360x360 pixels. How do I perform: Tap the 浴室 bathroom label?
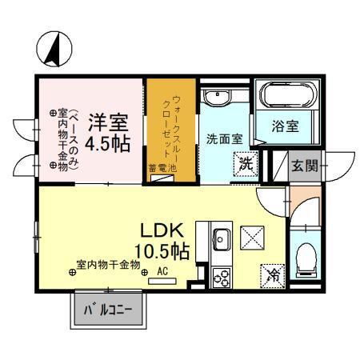[286, 126]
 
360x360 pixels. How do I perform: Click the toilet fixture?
[304, 256]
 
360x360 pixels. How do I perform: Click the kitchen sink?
[222, 239]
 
